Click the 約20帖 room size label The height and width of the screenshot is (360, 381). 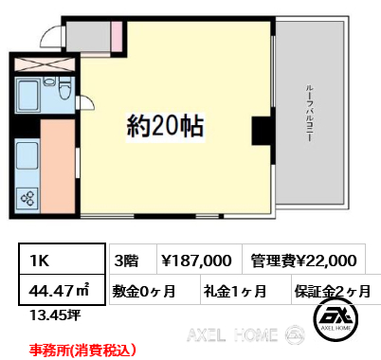click(165, 126)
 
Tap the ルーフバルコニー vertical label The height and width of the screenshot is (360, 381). click(309, 113)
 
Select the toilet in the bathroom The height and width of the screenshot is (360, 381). click(65, 88)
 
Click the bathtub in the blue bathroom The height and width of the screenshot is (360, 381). click(28, 95)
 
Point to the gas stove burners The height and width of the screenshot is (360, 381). click(27, 198)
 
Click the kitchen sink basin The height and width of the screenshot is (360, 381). click(27, 155)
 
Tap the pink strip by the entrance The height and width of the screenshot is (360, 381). click(118, 36)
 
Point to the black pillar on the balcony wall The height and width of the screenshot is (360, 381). click(262, 131)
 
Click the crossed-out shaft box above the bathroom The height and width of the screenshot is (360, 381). click(45, 64)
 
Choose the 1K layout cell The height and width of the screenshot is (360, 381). click(62, 259)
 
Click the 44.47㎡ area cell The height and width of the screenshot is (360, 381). click(62, 290)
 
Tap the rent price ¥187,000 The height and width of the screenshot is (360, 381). click(197, 261)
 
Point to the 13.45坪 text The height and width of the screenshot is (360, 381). click(55, 315)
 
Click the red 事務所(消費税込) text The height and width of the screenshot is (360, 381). click(82, 351)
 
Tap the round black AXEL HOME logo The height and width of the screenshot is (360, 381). click(336, 319)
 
